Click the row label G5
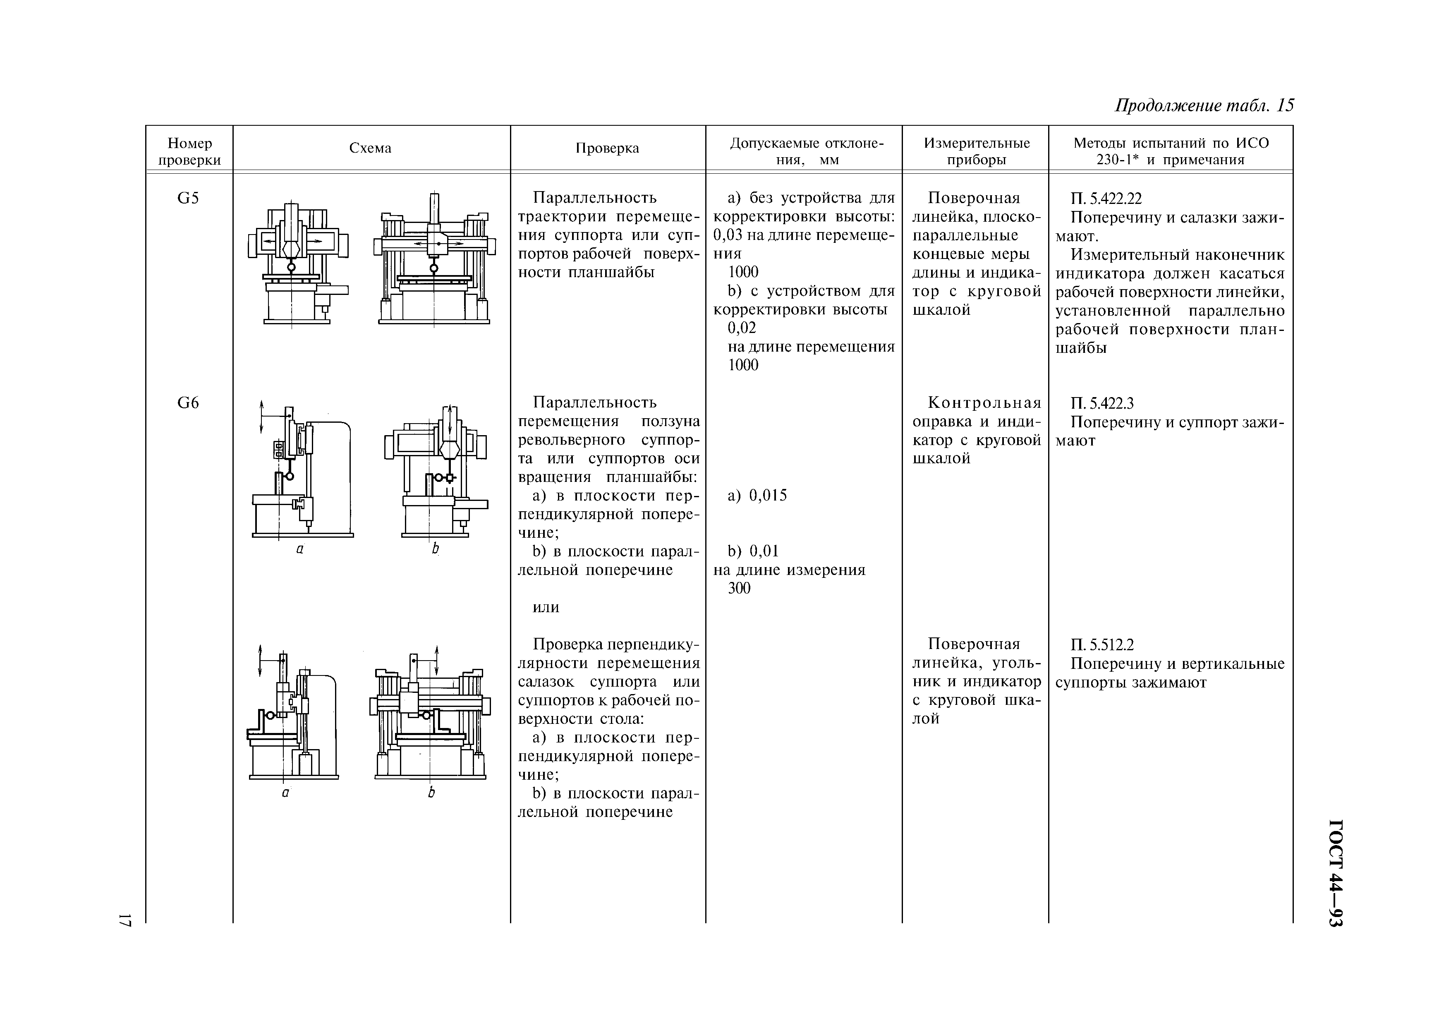pyautogui.click(x=188, y=199)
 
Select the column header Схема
pyautogui.click(x=370, y=148)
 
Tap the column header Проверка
pyautogui.click(x=607, y=148)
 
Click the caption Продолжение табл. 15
pyautogui.click(x=1204, y=105)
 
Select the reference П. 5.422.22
pyautogui.click(x=1106, y=199)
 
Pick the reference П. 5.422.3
pyautogui.click(x=1103, y=403)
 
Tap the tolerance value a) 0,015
pyautogui.click(x=757, y=496)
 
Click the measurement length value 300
pyautogui.click(x=740, y=588)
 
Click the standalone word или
pyautogui.click(x=546, y=607)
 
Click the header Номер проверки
pyautogui.click(x=189, y=152)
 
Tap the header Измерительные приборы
pyautogui.click(x=977, y=152)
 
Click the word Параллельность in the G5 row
pyautogui.click(x=595, y=199)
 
